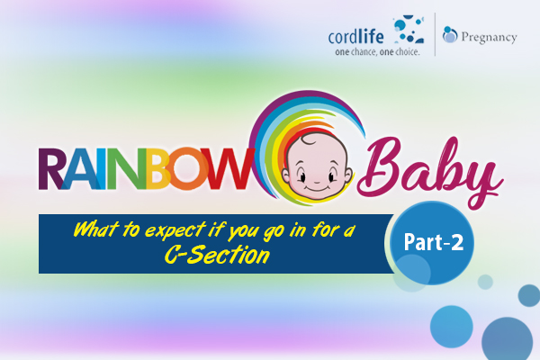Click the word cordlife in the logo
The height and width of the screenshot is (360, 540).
[355, 37]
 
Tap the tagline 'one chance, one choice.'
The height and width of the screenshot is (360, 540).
[377, 52]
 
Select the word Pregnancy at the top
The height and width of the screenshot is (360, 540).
[489, 38]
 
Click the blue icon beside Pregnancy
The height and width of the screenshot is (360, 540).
[450, 34]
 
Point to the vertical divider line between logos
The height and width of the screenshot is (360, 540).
[435, 34]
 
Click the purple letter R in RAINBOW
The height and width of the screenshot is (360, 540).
[51, 169]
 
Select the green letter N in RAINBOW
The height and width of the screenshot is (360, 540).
[128, 169]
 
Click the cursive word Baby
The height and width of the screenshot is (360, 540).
[430, 170]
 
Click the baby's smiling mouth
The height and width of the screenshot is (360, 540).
[317, 188]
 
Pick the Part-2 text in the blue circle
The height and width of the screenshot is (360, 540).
[434, 242]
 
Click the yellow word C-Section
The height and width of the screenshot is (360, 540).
[217, 256]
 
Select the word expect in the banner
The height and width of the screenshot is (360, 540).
[175, 230]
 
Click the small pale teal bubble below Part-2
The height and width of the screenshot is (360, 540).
[485, 282]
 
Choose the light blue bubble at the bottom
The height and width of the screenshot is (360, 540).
[452, 327]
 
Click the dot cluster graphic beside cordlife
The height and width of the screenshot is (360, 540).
[408, 30]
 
